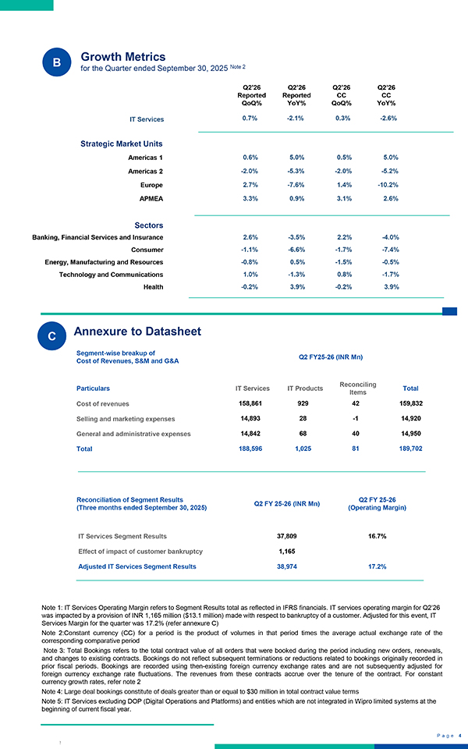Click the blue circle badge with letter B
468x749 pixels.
(56, 62)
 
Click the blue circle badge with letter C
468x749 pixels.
(51, 336)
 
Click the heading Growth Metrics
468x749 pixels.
(123, 57)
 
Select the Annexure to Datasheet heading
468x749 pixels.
(137, 332)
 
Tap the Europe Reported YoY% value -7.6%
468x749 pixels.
(296, 185)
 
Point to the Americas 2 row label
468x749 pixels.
(145, 172)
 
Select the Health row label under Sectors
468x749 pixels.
(154, 287)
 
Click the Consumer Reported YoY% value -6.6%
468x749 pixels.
(296, 250)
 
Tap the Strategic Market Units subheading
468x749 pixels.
(122, 144)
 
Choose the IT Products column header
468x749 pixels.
(305, 388)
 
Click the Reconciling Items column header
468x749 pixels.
(359, 388)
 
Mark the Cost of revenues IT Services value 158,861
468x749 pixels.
(253, 404)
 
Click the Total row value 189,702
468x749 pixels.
(410, 449)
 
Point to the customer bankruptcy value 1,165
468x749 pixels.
(286, 552)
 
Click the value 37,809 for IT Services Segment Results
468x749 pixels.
(286, 536)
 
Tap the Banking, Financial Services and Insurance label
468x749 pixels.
(97, 236)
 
